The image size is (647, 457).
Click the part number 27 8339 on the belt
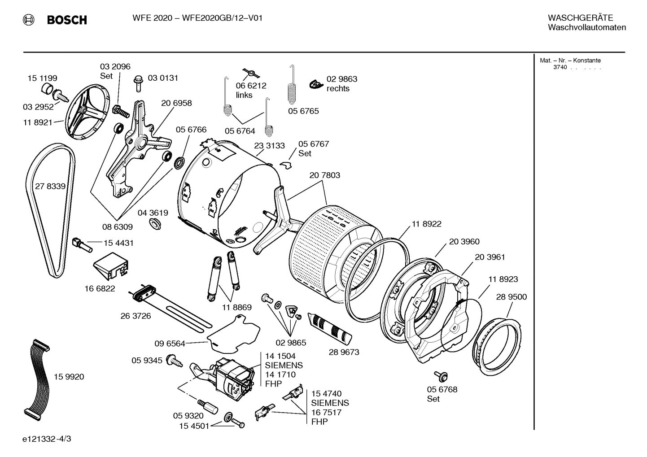pos(50,186)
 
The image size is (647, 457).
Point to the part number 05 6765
pos(303,111)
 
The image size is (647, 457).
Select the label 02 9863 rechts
pos(341,84)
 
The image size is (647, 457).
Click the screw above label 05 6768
pos(439,376)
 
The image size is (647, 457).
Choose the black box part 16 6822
pos(111,267)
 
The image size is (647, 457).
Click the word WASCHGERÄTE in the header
pos(580,18)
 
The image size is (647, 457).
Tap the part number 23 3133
pos(269,146)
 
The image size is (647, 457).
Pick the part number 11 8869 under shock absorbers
pos(236,307)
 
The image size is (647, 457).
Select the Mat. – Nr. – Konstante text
pos(570,61)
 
